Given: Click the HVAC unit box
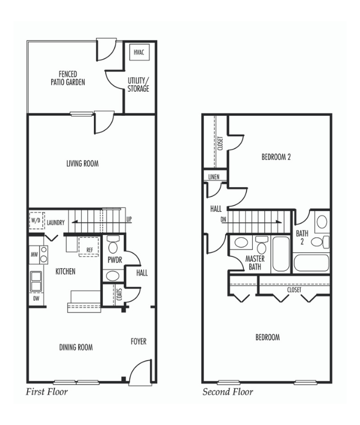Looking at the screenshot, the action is (139, 52).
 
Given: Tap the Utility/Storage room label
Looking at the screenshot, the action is (138, 85).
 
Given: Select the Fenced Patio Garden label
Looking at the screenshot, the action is (68, 78).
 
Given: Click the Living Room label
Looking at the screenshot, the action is (83, 163).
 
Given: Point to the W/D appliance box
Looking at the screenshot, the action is (37, 220).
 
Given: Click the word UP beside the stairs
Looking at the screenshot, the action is (129, 219).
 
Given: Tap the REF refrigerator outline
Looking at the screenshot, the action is (89, 247).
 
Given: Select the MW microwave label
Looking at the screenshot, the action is (34, 254).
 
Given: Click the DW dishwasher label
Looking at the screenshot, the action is (36, 299).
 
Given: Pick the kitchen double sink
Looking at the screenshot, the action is (36, 282).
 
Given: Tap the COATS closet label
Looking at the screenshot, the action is (119, 294).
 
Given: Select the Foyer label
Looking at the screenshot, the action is (139, 341).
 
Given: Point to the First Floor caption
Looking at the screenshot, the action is (46, 391).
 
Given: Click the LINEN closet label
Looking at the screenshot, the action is (214, 177).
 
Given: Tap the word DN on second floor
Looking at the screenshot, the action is (223, 219).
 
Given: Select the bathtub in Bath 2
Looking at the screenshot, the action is (311, 263).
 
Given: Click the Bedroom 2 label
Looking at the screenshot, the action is (276, 157).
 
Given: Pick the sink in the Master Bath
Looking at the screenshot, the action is (241, 242).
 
